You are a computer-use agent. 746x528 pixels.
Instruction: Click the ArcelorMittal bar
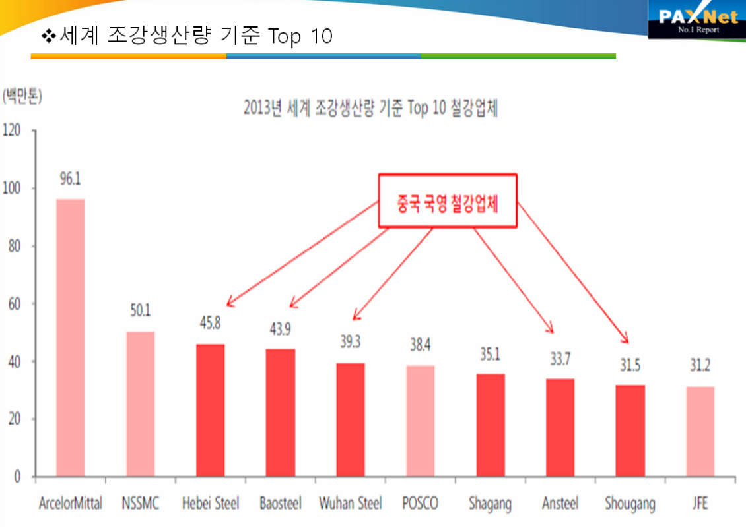70,337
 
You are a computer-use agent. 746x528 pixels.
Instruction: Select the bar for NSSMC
140,403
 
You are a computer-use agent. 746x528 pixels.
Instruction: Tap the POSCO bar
420,421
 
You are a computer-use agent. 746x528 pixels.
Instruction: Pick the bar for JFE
700,431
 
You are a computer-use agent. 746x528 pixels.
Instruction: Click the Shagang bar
490,425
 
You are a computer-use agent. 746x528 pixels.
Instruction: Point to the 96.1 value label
70,179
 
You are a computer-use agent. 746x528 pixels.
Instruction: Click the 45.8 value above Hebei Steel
211,324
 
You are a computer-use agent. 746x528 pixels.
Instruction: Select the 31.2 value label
700,366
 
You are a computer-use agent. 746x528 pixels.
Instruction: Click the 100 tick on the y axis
14,189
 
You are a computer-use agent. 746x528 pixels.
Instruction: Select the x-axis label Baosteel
281,504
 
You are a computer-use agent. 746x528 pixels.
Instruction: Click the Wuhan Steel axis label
350,504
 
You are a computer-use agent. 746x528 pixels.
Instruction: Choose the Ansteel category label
560,504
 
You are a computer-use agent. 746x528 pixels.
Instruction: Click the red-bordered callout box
447,201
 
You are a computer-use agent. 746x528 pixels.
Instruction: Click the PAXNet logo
697,20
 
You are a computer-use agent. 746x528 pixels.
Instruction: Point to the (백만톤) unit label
22,97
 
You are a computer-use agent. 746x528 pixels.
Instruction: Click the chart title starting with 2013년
370,109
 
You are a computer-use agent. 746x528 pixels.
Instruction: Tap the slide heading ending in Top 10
187,36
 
